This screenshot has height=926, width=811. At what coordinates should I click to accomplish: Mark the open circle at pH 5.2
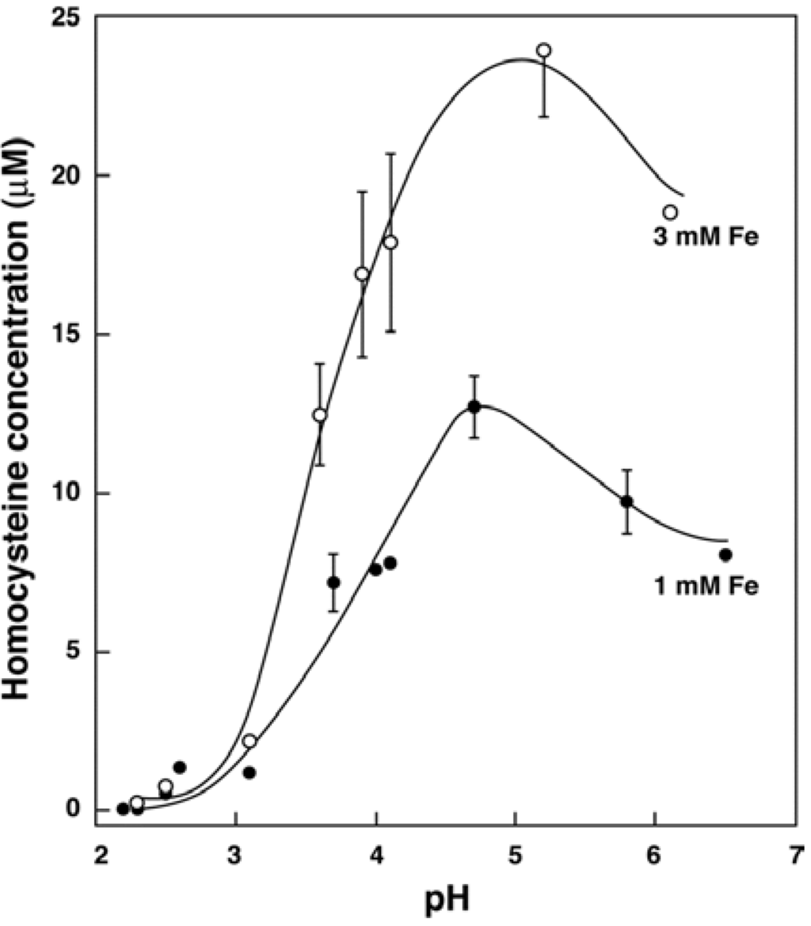coord(543,50)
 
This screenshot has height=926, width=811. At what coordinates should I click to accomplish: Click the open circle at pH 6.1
coord(670,212)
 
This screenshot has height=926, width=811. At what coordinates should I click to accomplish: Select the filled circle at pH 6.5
coord(725,554)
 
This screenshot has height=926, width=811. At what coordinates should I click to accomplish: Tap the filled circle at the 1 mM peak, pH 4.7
coord(474,406)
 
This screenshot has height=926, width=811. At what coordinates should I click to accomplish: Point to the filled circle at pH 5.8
coord(626,501)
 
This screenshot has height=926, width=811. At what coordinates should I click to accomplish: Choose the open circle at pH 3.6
coord(320,415)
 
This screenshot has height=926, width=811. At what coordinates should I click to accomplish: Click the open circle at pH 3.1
coord(249,741)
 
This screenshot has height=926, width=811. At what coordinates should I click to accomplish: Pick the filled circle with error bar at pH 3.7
coord(333,582)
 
